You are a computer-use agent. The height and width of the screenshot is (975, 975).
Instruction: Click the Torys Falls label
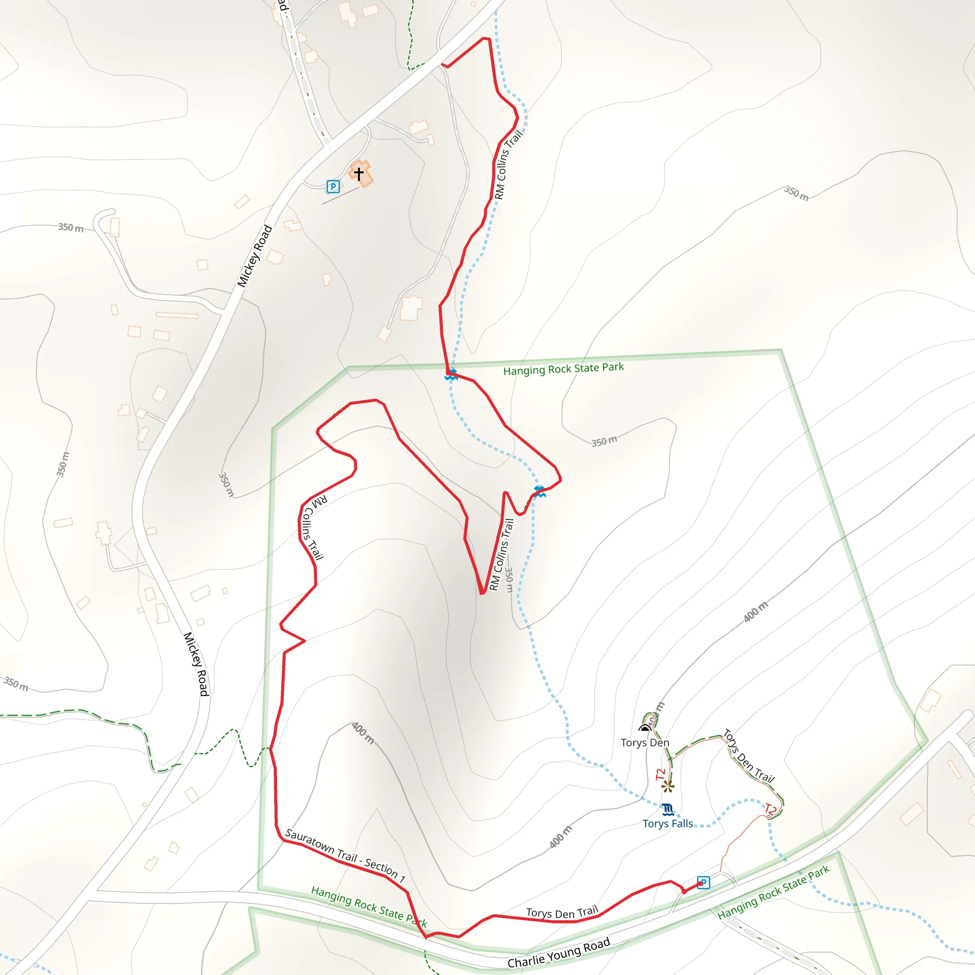point(667,824)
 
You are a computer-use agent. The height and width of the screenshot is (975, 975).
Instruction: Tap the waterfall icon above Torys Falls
point(667,809)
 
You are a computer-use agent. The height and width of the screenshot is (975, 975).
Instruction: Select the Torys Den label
point(645,742)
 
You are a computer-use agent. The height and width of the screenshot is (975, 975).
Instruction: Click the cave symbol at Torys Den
point(645,728)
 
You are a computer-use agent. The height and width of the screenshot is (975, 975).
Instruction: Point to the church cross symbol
point(359,174)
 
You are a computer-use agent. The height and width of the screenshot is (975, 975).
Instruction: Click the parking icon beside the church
point(333,187)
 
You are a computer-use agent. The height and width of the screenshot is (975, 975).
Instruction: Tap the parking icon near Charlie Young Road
point(704,883)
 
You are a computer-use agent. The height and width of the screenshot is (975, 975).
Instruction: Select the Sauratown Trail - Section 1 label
point(345,855)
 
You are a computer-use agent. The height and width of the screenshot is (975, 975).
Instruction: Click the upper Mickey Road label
point(255,256)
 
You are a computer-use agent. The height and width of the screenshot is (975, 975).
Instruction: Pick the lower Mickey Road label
point(196,664)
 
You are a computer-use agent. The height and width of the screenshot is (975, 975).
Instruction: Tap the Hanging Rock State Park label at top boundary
point(563,369)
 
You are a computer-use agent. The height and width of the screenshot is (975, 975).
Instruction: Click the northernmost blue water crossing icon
point(451,374)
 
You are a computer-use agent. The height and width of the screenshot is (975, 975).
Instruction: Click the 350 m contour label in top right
point(796,193)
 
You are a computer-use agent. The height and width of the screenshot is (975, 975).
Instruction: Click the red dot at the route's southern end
point(684,892)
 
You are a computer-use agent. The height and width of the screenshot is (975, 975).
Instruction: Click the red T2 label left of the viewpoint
point(661,774)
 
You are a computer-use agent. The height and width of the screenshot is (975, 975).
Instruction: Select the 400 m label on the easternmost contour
point(756,612)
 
